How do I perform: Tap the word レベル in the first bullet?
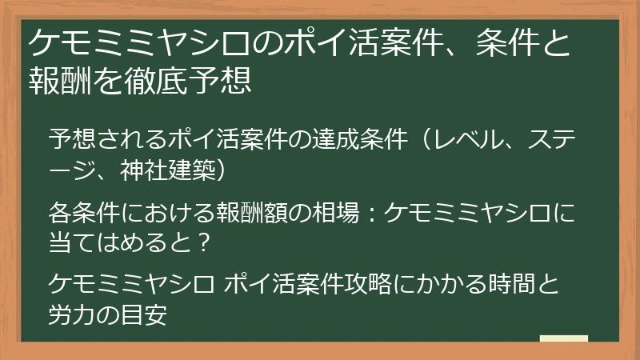pos(464,139)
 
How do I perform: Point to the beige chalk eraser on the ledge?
pos(564,338)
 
